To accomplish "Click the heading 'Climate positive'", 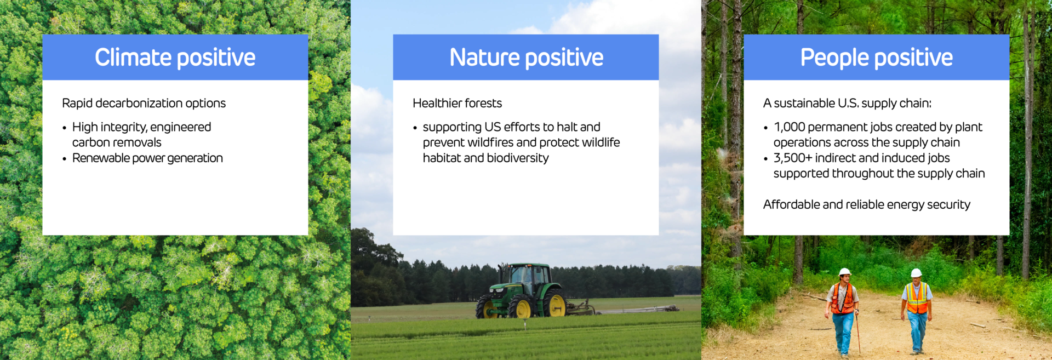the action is tap(175, 58).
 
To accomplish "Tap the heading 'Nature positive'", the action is tap(526, 58).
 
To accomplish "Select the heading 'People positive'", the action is tap(877, 58).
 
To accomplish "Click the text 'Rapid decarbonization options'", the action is tap(144, 103).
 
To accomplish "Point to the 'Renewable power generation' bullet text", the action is tap(147, 158).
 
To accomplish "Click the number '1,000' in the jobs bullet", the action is tap(789, 127).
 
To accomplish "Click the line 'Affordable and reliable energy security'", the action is tap(866, 204).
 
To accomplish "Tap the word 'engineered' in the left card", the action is tap(180, 127).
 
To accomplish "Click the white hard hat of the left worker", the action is tap(845, 271).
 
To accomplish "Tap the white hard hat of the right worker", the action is tap(916, 272).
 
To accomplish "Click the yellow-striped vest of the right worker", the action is tap(917, 298).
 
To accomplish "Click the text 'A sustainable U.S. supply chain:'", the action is tap(847, 103).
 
